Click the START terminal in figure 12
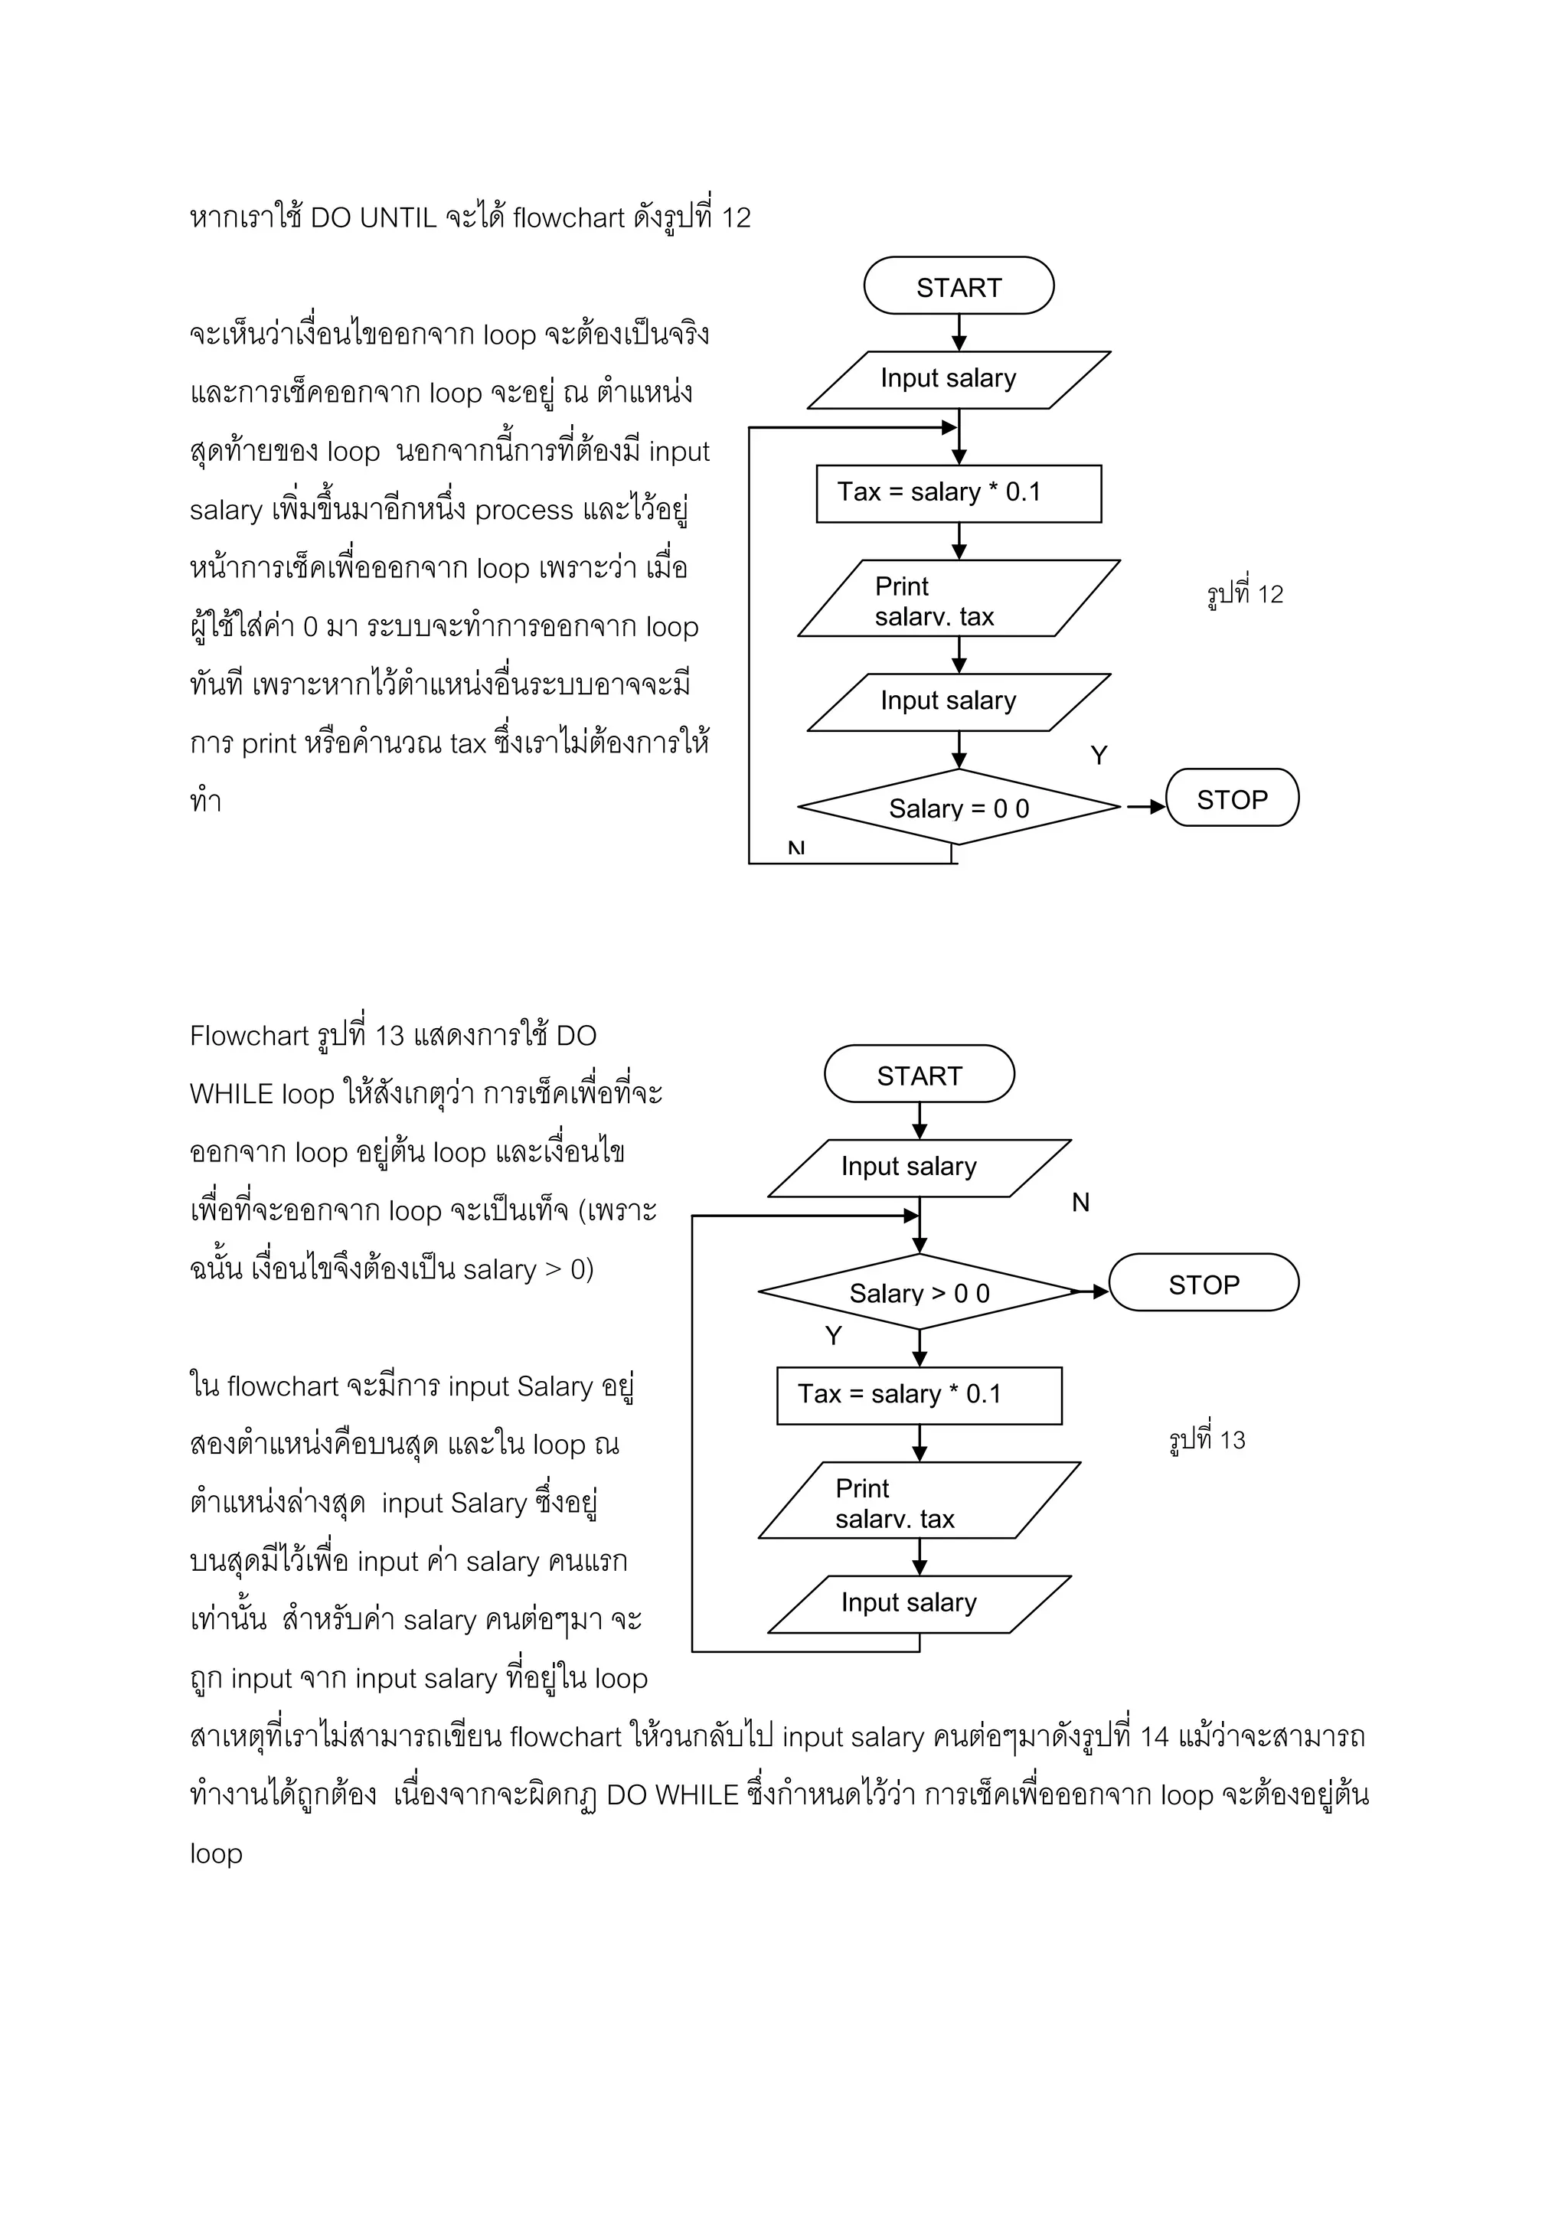(958, 286)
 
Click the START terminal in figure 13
(920, 1074)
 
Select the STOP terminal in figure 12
(1232, 798)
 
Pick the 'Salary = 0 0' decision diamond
(958, 807)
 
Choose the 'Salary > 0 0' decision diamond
(920, 1292)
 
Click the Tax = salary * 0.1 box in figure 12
(958, 494)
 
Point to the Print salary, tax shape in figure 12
(958, 599)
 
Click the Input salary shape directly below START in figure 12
(958, 380)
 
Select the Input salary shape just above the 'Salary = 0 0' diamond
(958, 702)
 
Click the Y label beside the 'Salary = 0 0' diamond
(1099, 755)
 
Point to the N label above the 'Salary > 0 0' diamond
(1080, 1202)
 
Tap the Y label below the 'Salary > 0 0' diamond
(833, 1335)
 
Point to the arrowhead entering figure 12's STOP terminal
(1157, 806)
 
